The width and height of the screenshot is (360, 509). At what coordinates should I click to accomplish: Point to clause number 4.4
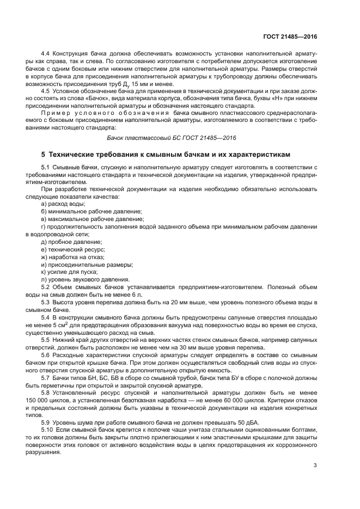46,56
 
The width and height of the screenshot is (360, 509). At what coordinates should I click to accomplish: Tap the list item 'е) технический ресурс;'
73,249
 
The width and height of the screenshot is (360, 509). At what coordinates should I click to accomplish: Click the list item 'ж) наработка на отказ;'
72,256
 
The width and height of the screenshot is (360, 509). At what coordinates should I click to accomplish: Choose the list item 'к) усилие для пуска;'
69,272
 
